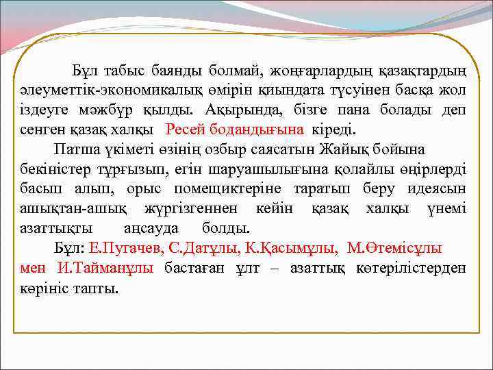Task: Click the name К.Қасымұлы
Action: (x=281, y=248)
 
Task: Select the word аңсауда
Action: (x=149, y=227)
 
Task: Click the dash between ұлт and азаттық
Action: (x=274, y=267)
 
